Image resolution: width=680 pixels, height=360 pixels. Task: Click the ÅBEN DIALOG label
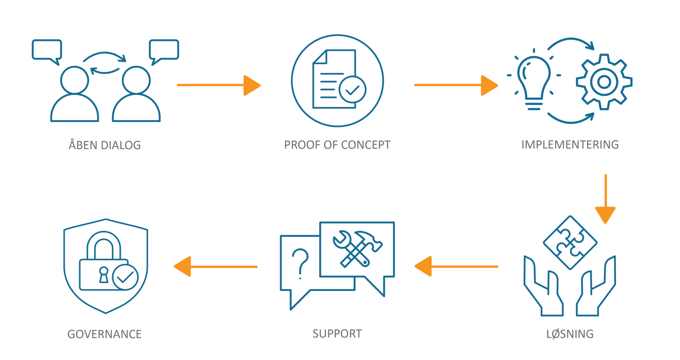[x=105, y=144]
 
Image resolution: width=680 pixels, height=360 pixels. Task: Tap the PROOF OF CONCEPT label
[x=337, y=145]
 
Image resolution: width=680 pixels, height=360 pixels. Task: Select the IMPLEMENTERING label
[x=570, y=144]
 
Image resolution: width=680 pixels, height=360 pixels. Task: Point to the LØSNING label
[x=570, y=334]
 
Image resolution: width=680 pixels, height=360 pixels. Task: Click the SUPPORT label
[x=337, y=333]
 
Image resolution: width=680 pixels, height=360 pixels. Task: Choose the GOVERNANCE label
[x=104, y=334]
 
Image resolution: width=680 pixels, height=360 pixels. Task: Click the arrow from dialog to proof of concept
[x=219, y=85]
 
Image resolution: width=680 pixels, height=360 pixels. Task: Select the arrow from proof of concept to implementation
[x=456, y=85]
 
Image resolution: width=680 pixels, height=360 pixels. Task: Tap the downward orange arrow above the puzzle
[x=606, y=199]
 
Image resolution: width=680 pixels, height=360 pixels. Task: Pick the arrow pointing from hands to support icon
[x=456, y=266]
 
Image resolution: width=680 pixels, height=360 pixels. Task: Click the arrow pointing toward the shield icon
[x=216, y=266]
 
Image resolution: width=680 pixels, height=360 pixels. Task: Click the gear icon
[x=604, y=82]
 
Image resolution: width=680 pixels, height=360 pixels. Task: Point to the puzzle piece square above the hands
[x=570, y=242]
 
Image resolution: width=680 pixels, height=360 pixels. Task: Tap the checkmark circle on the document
[x=352, y=90]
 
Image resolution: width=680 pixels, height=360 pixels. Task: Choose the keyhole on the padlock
[x=104, y=275]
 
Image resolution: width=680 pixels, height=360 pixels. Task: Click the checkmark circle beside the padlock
[x=125, y=277]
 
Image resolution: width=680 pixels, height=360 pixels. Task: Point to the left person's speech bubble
[x=47, y=50]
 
